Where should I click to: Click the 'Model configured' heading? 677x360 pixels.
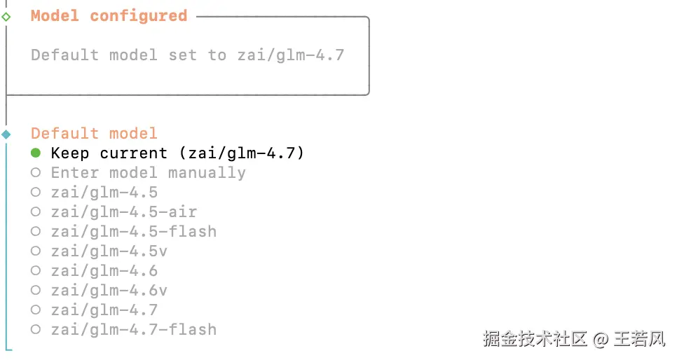109,15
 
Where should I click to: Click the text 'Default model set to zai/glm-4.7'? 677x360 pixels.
188,55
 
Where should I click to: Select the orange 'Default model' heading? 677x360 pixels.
94,133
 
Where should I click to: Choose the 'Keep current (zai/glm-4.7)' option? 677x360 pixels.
177,153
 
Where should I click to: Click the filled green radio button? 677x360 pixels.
36,153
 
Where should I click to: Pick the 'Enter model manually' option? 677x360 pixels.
148,172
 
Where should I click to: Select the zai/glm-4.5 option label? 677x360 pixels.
104,192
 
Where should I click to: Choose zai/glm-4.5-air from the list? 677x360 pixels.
123,212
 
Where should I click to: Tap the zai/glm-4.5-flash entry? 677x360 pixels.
133,231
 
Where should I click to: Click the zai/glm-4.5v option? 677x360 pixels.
109,251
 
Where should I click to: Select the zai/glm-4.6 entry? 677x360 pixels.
104,270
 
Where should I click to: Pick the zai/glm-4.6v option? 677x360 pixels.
109,290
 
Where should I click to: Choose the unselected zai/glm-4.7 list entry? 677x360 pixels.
104,310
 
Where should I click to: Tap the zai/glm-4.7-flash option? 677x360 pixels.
133,329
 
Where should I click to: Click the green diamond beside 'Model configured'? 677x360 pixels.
6,16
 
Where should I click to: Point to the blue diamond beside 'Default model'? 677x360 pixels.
6,134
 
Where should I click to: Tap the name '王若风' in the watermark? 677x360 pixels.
638,340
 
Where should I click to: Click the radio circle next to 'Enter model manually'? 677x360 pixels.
36,172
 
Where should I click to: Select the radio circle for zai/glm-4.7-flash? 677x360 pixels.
36,329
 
